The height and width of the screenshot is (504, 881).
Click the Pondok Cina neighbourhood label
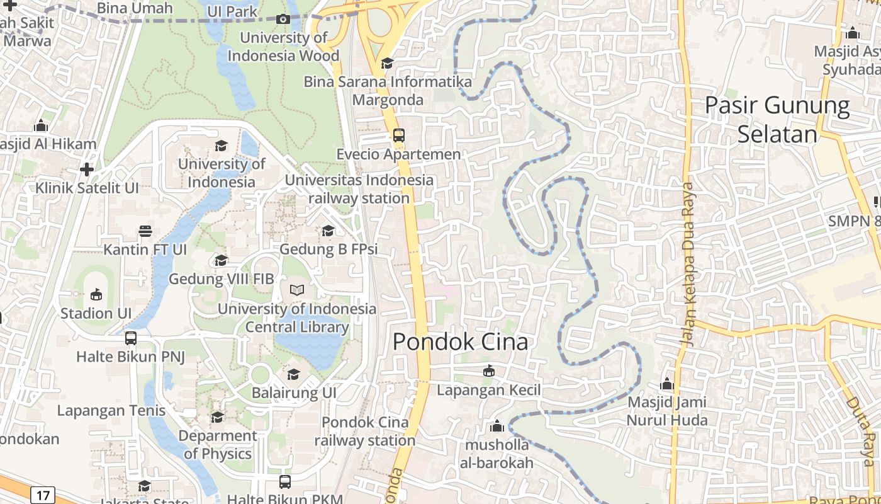click(x=460, y=341)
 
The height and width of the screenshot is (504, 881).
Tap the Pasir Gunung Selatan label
click(x=777, y=120)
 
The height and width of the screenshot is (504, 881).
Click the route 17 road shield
click(x=42, y=495)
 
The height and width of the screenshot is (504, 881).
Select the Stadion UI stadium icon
click(x=96, y=294)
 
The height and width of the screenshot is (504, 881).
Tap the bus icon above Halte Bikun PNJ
click(x=131, y=338)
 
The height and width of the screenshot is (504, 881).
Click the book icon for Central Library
click(x=296, y=290)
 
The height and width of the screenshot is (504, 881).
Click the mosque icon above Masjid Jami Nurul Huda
click(x=667, y=384)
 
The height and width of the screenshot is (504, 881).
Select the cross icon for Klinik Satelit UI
click(x=87, y=169)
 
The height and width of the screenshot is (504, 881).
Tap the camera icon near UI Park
click(x=283, y=19)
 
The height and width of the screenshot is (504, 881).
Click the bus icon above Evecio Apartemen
click(x=398, y=135)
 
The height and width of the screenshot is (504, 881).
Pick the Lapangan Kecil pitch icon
click(x=488, y=371)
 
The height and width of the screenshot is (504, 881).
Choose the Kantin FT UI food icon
click(x=145, y=231)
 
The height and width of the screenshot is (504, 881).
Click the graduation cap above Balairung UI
click(x=293, y=375)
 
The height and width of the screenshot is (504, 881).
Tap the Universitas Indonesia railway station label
click(x=359, y=189)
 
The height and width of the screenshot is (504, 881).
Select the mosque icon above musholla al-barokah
click(x=497, y=427)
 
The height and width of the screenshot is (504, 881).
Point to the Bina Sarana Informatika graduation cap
click(x=387, y=64)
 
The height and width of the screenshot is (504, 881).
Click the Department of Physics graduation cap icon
click(x=217, y=417)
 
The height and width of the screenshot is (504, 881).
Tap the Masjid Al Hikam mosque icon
click(x=41, y=125)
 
